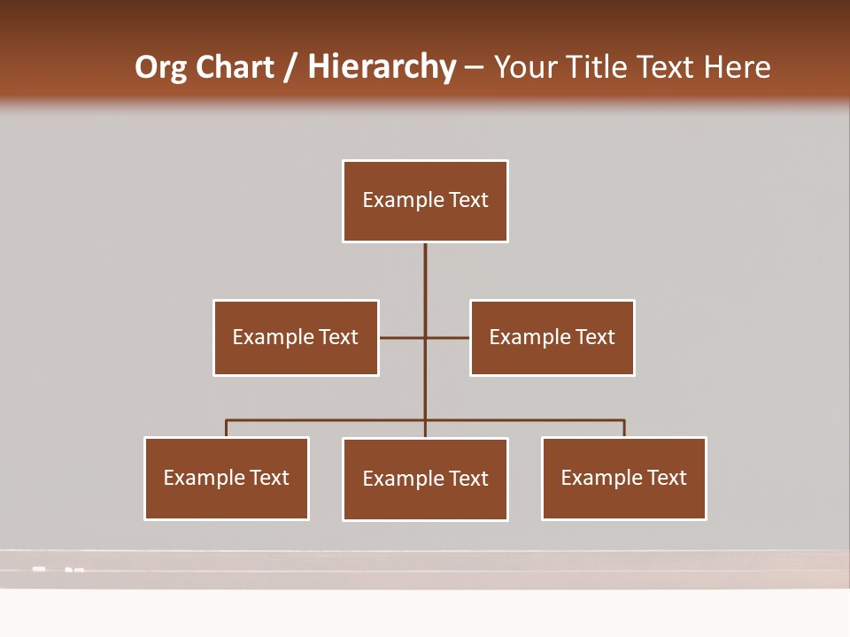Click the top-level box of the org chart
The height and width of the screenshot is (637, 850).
tap(425, 201)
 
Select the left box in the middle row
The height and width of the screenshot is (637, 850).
tap(296, 337)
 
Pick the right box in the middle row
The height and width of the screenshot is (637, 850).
tap(552, 337)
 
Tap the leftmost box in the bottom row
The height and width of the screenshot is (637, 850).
tap(227, 478)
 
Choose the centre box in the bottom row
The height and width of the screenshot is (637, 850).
tap(425, 479)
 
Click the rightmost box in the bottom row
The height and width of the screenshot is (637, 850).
tap(624, 478)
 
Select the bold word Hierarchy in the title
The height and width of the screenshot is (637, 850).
tap(382, 67)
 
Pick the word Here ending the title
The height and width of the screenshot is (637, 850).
tap(737, 67)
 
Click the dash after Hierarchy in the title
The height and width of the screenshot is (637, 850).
tap(474, 67)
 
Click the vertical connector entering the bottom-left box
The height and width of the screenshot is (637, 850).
tap(227, 428)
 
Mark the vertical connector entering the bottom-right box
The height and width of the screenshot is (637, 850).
tap(624, 428)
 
